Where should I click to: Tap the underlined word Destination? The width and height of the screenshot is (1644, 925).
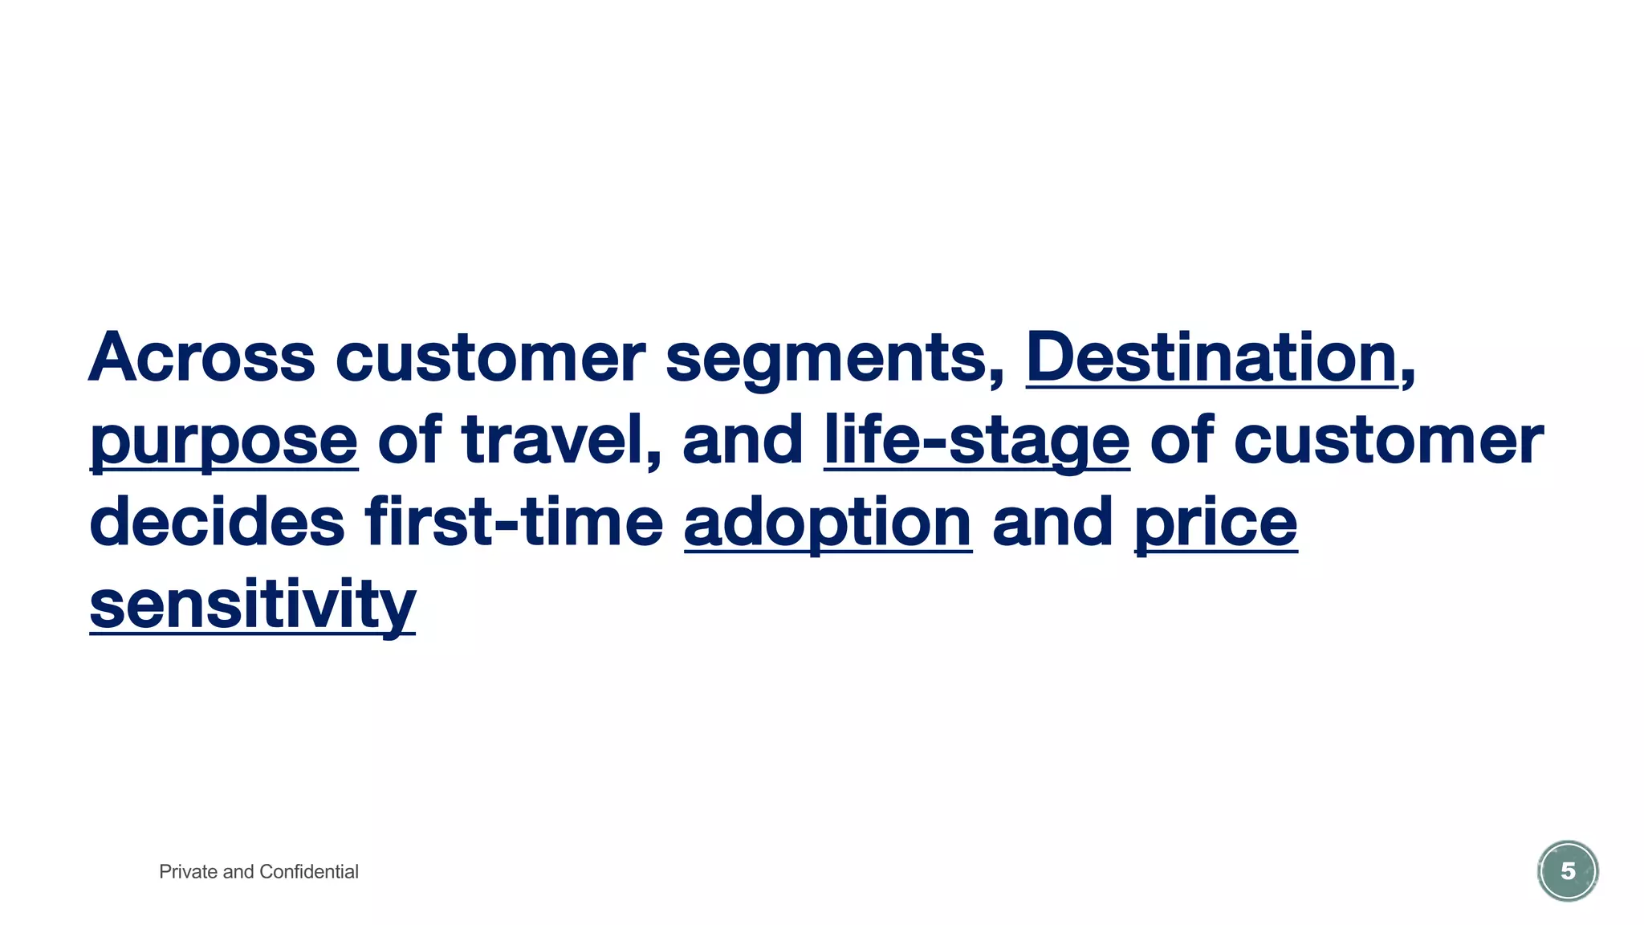[1211, 357]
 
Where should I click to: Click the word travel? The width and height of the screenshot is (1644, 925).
[562, 439]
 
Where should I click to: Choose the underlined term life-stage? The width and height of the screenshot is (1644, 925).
[976, 440]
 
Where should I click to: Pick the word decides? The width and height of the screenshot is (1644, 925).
[218, 522]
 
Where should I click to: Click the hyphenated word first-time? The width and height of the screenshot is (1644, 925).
[515, 522]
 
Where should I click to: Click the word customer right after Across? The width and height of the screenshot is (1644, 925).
[490, 357]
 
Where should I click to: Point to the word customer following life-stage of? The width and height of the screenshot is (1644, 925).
[1388, 440]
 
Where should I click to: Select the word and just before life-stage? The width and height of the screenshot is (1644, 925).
[743, 439]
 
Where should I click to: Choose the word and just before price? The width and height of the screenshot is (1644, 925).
[1052, 522]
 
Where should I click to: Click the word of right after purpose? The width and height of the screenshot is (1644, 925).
[409, 439]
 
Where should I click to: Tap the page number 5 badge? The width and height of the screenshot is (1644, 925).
[1567, 871]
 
